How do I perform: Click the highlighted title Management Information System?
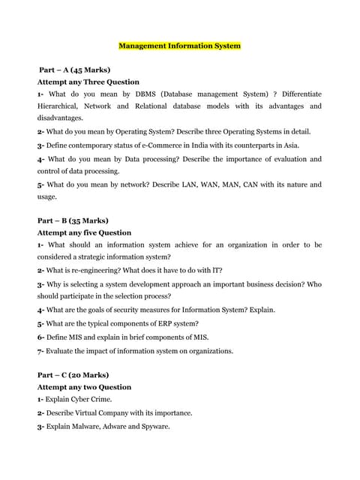click(x=179, y=46)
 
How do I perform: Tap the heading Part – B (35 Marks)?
click(x=73, y=220)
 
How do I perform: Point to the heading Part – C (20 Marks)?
click(x=73, y=375)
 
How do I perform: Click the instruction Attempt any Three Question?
click(x=88, y=82)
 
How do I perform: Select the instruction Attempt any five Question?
click(x=84, y=232)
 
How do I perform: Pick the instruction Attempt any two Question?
click(x=84, y=387)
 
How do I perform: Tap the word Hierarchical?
click(x=61, y=106)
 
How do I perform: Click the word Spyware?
click(x=154, y=426)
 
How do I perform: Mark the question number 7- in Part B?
click(x=40, y=350)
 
